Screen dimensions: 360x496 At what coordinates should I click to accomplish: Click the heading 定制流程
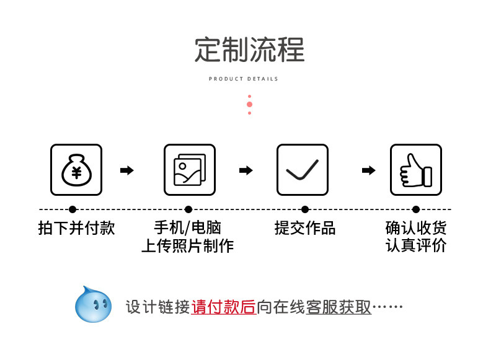(249, 50)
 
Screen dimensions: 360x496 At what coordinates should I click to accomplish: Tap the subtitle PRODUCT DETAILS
(244, 79)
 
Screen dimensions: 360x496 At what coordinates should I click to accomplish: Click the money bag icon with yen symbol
(76, 170)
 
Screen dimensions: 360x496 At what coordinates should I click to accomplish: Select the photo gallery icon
(189, 170)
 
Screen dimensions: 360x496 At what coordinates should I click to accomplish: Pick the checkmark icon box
(302, 170)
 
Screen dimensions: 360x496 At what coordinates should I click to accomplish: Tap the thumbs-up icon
(415, 170)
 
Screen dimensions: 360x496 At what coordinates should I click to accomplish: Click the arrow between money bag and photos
(127, 170)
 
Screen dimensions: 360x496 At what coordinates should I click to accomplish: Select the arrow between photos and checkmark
(246, 170)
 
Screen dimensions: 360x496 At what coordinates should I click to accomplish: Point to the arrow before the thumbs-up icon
(368, 170)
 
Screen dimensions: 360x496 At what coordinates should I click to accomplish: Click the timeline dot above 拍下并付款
(73, 209)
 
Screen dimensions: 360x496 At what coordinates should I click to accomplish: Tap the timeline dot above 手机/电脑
(188, 209)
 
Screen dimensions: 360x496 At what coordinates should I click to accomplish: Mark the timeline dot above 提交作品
(304, 209)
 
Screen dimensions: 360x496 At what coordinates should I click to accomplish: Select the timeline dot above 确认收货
(416, 209)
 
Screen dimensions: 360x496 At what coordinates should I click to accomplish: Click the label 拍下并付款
(77, 228)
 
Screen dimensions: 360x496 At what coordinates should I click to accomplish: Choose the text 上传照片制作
(187, 246)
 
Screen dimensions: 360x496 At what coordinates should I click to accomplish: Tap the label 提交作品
(305, 228)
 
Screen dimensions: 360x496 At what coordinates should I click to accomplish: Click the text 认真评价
(416, 246)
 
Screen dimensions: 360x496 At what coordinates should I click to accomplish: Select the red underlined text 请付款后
(224, 307)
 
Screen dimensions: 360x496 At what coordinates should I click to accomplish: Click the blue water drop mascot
(93, 304)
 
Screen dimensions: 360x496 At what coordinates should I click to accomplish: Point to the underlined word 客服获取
(339, 307)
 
